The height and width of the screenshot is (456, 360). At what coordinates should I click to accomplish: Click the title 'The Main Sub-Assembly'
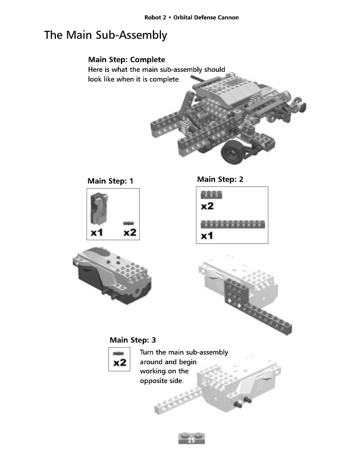coord(106,35)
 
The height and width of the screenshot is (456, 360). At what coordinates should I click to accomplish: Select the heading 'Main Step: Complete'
coord(126,59)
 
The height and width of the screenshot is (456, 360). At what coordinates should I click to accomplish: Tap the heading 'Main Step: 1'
coord(110,181)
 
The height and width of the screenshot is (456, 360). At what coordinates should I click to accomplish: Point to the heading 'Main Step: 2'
coord(220,180)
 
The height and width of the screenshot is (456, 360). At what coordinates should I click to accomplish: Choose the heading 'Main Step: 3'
coord(132,340)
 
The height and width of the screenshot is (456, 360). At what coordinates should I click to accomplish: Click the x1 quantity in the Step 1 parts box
coord(97,233)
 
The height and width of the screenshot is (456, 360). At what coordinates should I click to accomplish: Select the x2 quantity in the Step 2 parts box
coord(207,206)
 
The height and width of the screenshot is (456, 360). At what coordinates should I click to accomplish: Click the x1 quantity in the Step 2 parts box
coord(207,235)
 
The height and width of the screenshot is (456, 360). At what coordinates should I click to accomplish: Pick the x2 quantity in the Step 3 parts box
coord(120,363)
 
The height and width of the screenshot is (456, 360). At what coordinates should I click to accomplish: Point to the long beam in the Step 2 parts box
coord(232,223)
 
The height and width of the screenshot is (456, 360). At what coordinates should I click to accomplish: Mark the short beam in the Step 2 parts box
coord(211,194)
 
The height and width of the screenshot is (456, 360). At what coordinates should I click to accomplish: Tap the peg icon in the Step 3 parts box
coord(119,353)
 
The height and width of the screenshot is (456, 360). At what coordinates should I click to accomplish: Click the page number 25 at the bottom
coord(191,440)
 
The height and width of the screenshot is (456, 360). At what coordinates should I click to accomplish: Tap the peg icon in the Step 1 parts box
coord(129,222)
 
